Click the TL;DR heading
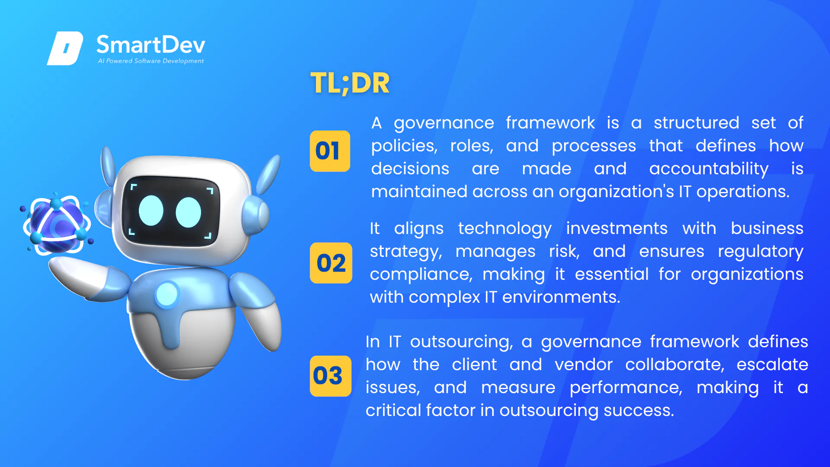pyautogui.click(x=350, y=83)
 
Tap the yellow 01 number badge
pyautogui.click(x=330, y=151)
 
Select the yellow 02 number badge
pyautogui.click(x=331, y=263)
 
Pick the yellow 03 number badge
pyautogui.click(x=330, y=376)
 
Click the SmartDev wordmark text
pyautogui.click(x=151, y=45)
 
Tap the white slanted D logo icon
pyautogui.click(x=65, y=48)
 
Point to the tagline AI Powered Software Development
pyautogui.click(x=151, y=61)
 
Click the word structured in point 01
pyautogui.click(x=696, y=123)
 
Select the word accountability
pyautogui.click(x=709, y=169)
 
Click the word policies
pyautogui.click(x=404, y=146)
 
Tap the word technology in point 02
pyautogui.click(x=505, y=229)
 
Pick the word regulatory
pyautogui.click(x=761, y=252)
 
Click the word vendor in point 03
pyautogui.click(x=584, y=365)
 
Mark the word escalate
pyautogui.click(x=773, y=365)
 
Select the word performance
pyautogui.click(x=626, y=388)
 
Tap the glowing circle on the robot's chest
pyautogui.click(x=167, y=295)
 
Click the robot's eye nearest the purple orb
pyautogui.click(x=151, y=211)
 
